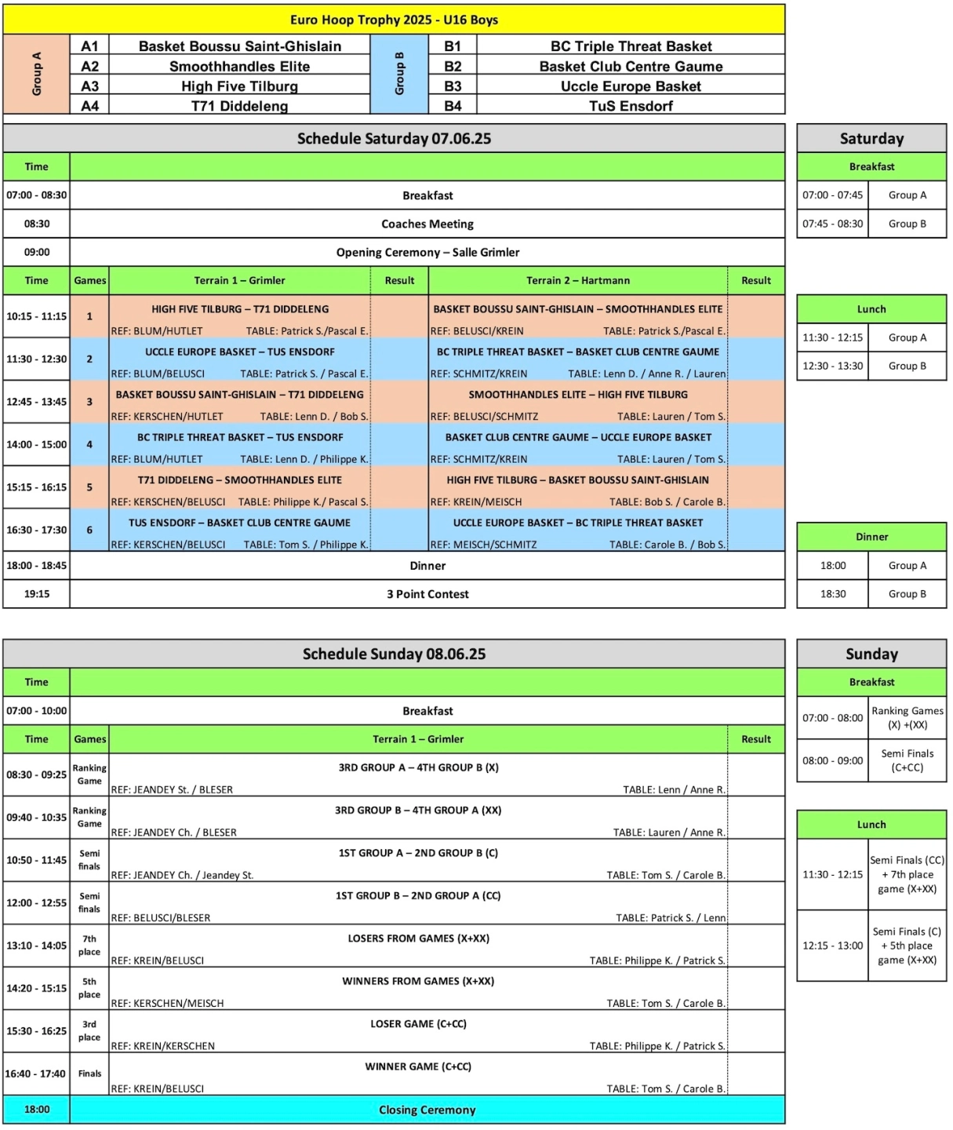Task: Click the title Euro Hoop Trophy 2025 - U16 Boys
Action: [x=394, y=20]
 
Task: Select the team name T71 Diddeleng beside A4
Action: [x=239, y=106]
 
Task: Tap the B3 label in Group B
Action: [x=453, y=86]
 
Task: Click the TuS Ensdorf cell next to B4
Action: [x=631, y=106]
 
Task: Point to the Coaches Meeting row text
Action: [x=427, y=224]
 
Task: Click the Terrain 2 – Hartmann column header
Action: [x=578, y=281]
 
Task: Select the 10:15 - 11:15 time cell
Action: [x=37, y=316]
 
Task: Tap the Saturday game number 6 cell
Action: [x=89, y=530]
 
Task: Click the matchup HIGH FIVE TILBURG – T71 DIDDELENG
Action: [x=240, y=309]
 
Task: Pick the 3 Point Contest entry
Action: [x=427, y=594]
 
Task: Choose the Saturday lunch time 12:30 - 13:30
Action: [x=832, y=366]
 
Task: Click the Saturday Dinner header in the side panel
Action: [x=871, y=537]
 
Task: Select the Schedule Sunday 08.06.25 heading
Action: [x=394, y=654]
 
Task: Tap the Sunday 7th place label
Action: [x=89, y=946]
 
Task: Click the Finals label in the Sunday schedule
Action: [x=89, y=1073]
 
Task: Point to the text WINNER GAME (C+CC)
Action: [x=418, y=1066]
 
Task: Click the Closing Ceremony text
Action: [x=427, y=1110]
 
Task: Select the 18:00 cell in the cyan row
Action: [x=37, y=1110]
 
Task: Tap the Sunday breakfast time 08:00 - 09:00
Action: [x=832, y=760]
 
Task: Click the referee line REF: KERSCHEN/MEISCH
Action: [x=167, y=1004]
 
